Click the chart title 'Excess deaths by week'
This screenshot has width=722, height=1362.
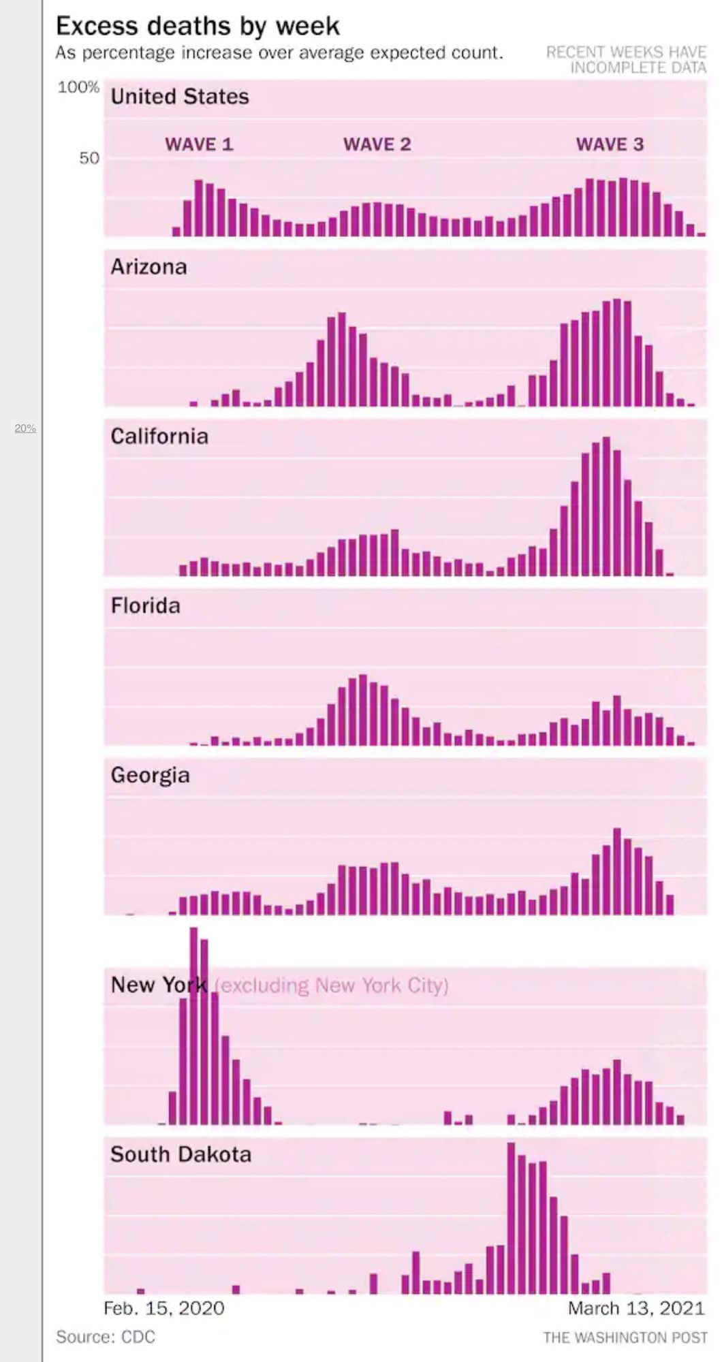tap(198, 26)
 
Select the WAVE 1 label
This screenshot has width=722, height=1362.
tap(199, 144)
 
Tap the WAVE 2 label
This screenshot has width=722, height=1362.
tap(377, 144)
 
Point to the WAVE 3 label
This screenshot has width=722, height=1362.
tap(610, 144)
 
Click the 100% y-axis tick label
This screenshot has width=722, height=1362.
tap(78, 87)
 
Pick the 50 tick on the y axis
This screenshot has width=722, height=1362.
tap(89, 158)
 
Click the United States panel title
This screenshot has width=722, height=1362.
tap(180, 97)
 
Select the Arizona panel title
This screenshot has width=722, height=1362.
tap(148, 267)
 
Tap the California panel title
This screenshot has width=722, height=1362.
tap(159, 437)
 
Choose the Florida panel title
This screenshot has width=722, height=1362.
tap(145, 606)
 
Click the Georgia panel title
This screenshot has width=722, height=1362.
tap(150, 776)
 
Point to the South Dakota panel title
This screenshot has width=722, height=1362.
tap(180, 1154)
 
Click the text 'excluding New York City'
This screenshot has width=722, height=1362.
tap(332, 985)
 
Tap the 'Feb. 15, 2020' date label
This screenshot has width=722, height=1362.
tap(163, 1308)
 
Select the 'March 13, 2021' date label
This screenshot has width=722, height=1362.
tap(636, 1308)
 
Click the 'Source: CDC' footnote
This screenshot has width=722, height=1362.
tap(106, 1337)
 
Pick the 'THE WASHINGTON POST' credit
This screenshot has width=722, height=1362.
tap(625, 1337)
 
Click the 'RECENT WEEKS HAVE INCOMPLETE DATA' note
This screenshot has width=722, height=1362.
tap(626, 59)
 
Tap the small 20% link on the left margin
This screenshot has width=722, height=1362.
tap(25, 428)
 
